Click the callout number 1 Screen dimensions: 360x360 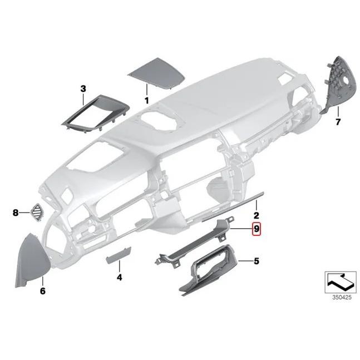[x=147, y=101]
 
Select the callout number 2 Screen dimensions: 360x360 [x=257, y=215]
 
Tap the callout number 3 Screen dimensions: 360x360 [x=83, y=88]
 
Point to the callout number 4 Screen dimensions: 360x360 [x=119, y=277]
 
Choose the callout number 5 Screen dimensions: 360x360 [x=256, y=260]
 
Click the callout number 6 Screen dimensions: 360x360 [x=43, y=291]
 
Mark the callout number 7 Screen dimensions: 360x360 [x=337, y=121]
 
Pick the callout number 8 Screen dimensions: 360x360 [x=16, y=213]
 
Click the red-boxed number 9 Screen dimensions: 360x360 [x=256, y=229]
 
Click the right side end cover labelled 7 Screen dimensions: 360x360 [x=341, y=83]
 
